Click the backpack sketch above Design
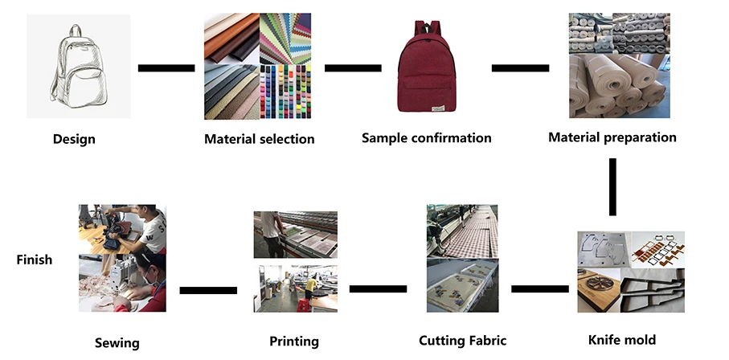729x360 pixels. pos(79,67)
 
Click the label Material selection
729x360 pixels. pos(259,139)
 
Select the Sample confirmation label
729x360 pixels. pos(426,137)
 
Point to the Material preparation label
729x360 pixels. pos(612,137)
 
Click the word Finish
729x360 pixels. pos(35,260)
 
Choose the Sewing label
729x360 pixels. pos(117,343)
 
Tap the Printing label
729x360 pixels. pos(294,342)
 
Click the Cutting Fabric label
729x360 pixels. pos(463,341)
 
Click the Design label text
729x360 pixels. pos(74,139)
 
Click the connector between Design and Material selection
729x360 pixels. pos(166,67)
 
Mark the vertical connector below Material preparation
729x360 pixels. pos(613,186)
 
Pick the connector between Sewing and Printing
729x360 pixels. pos(208,289)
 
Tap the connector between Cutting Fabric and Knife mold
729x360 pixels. pos(540,288)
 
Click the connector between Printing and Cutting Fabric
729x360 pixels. pos(378,288)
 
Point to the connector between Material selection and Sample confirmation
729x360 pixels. pos(352,67)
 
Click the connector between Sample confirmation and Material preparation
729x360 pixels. pos(520,67)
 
